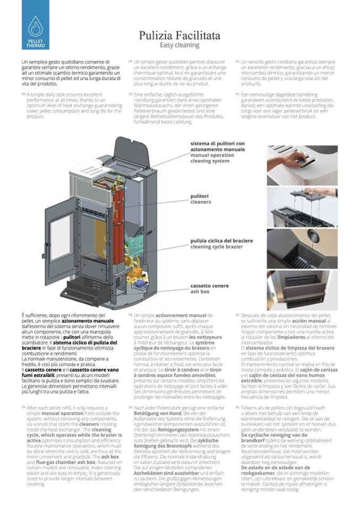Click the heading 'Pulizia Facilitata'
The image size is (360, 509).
[179, 36]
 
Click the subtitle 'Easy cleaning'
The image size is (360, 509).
[179, 46]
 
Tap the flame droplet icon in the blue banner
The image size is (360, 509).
[36, 24]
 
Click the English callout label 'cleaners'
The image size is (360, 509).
[200, 202]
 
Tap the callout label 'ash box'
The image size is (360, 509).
[200, 291]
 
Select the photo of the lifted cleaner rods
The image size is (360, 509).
[302, 207]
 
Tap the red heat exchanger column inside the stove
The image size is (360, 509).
[118, 218]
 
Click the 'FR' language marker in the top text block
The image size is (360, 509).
[130, 62]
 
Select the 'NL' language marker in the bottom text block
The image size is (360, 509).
[237, 407]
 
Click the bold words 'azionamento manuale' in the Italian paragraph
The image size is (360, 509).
[88, 322]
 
